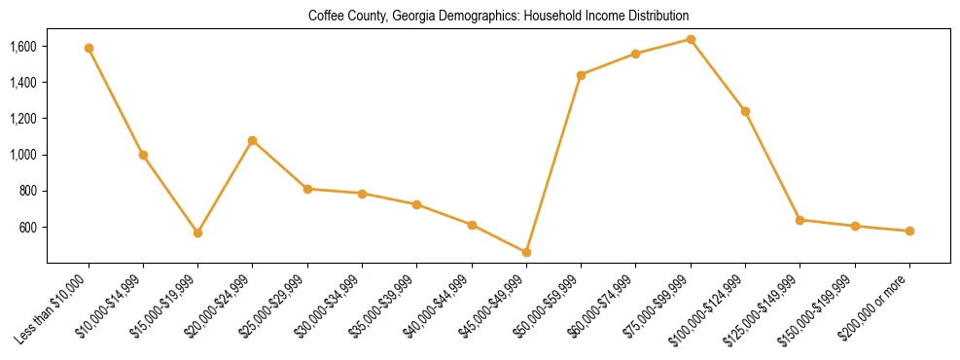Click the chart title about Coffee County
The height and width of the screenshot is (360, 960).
(498, 16)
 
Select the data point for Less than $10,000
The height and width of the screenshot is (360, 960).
(89, 48)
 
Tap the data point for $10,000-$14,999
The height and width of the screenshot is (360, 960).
(143, 155)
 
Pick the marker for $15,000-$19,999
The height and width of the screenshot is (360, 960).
(197, 233)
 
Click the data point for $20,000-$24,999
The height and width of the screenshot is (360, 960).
(253, 140)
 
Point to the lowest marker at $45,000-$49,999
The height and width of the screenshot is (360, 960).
(526, 252)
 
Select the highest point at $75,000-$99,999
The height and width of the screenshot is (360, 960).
(691, 39)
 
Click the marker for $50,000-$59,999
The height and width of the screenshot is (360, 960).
(581, 75)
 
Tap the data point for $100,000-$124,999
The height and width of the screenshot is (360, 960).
(745, 111)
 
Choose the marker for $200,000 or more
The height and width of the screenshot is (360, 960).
(909, 231)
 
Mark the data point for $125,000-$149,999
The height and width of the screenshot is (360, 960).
(800, 220)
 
